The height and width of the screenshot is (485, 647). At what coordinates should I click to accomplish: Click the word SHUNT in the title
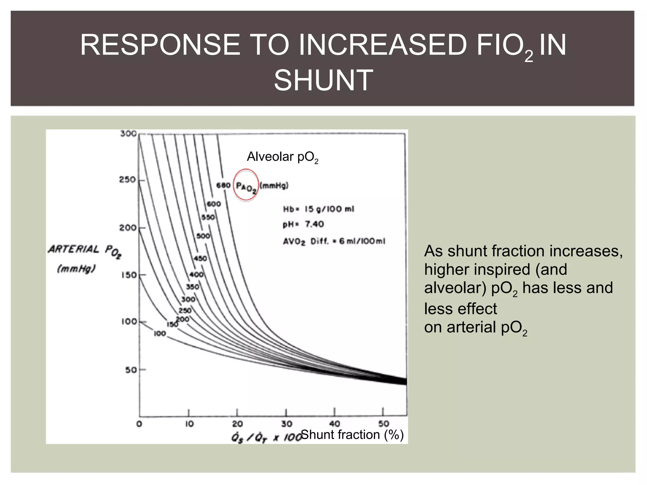tap(323, 80)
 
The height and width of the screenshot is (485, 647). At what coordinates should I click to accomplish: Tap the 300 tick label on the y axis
tap(128, 134)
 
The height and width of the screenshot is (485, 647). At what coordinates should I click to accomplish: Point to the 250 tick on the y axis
tap(127, 180)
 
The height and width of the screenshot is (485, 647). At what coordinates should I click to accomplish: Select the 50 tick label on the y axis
tap(131, 370)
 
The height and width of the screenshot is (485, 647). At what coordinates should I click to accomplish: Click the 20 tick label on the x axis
tap(237, 424)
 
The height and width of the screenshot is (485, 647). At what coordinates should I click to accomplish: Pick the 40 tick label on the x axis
tap(335, 424)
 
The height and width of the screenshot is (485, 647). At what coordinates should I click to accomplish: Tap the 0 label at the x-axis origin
tap(139, 424)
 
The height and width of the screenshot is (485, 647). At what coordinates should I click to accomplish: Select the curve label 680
tap(223, 185)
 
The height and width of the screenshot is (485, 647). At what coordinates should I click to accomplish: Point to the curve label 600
tap(214, 204)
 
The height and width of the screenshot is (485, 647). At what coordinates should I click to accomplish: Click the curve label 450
tap(200, 258)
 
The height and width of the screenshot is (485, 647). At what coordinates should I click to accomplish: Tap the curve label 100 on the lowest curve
tap(160, 333)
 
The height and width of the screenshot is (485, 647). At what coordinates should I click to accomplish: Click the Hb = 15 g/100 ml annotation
tap(318, 209)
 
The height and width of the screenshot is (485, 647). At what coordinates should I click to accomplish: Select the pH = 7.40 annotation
tap(303, 224)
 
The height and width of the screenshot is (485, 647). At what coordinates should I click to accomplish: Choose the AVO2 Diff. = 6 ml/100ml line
tap(334, 242)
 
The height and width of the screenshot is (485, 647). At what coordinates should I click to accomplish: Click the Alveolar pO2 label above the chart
tap(282, 157)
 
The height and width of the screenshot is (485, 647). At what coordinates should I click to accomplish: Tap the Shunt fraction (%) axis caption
tap(352, 435)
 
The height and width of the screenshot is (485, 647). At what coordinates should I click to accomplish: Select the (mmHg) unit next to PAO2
tap(274, 186)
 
